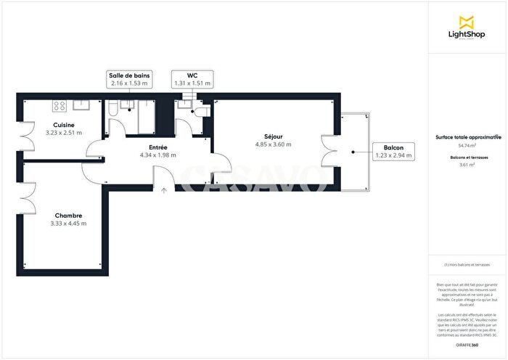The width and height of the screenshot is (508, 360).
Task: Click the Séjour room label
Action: [273, 136]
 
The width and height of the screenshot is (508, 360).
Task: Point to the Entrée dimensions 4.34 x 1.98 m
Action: [157, 155]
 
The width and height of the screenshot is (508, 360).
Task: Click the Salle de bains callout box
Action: [128, 80]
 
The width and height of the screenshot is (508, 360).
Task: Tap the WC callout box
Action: [192, 80]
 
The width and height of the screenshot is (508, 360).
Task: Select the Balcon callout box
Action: [395, 152]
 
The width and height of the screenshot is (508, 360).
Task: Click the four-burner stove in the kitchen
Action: [59, 106]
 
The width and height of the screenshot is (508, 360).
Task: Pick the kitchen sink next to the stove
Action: [81, 106]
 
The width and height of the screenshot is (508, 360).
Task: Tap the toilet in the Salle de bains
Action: [113, 108]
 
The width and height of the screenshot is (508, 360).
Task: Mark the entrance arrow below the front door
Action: [164, 191]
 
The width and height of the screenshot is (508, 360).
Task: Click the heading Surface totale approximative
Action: [467, 136]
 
